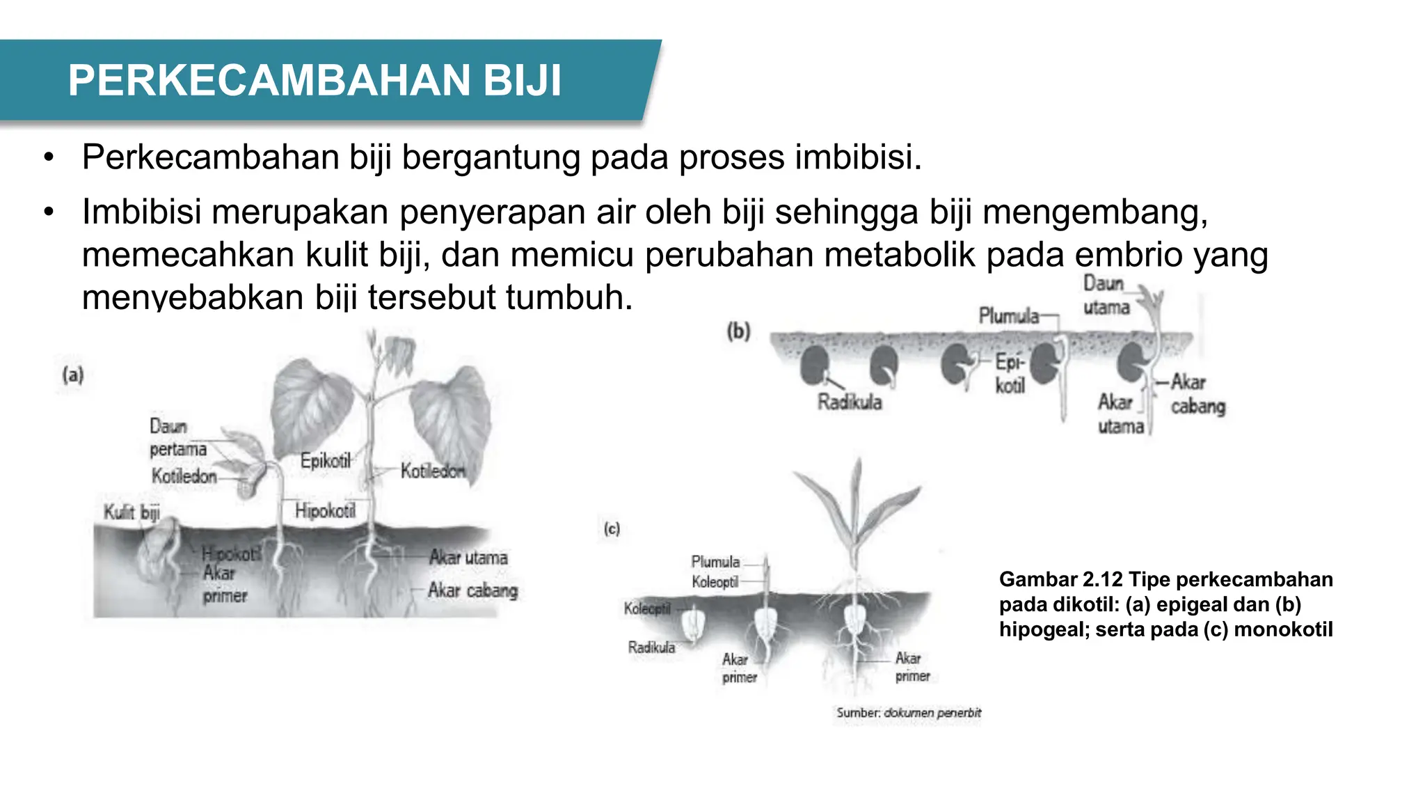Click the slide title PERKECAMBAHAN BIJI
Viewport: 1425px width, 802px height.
click(x=315, y=81)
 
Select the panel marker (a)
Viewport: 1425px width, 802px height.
click(x=73, y=375)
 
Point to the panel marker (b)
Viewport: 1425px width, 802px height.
click(x=738, y=331)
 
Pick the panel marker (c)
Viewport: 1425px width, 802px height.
click(x=612, y=529)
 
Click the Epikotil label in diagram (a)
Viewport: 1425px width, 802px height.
click(x=325, y=460)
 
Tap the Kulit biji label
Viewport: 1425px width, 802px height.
click(x=132, y=512)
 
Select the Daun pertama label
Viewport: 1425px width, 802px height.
click(x=177, y=438)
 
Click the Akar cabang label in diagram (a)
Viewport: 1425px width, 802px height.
click(x=472, y=590)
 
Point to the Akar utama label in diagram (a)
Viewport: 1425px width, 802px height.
click(x=468, y=558)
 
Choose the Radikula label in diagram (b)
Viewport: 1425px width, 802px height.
click(x=849, y=402)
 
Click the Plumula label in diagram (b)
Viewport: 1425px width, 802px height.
click(x=1008, y=316)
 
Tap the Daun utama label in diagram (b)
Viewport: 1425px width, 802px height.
click(x=1105, y=295)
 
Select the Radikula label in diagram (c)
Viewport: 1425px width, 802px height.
click(x=651, y=647)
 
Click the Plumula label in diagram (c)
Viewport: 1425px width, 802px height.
click(x=715, y=562)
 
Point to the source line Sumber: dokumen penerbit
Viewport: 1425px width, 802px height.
click(x=908, y=713)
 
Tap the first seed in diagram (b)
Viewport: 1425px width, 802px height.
click(x=814, y=365)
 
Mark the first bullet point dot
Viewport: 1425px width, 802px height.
click(x=48, y=158)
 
